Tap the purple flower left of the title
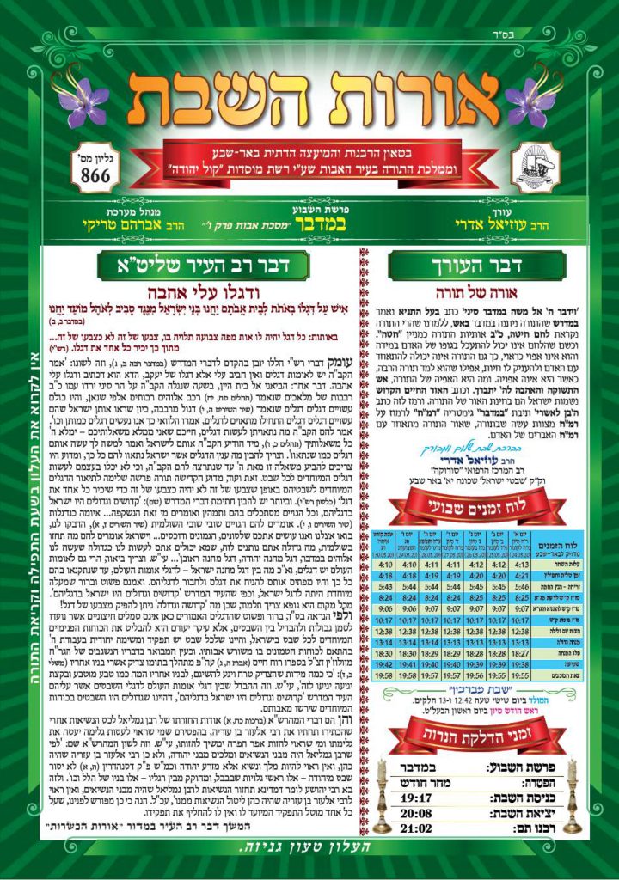[83, 101]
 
